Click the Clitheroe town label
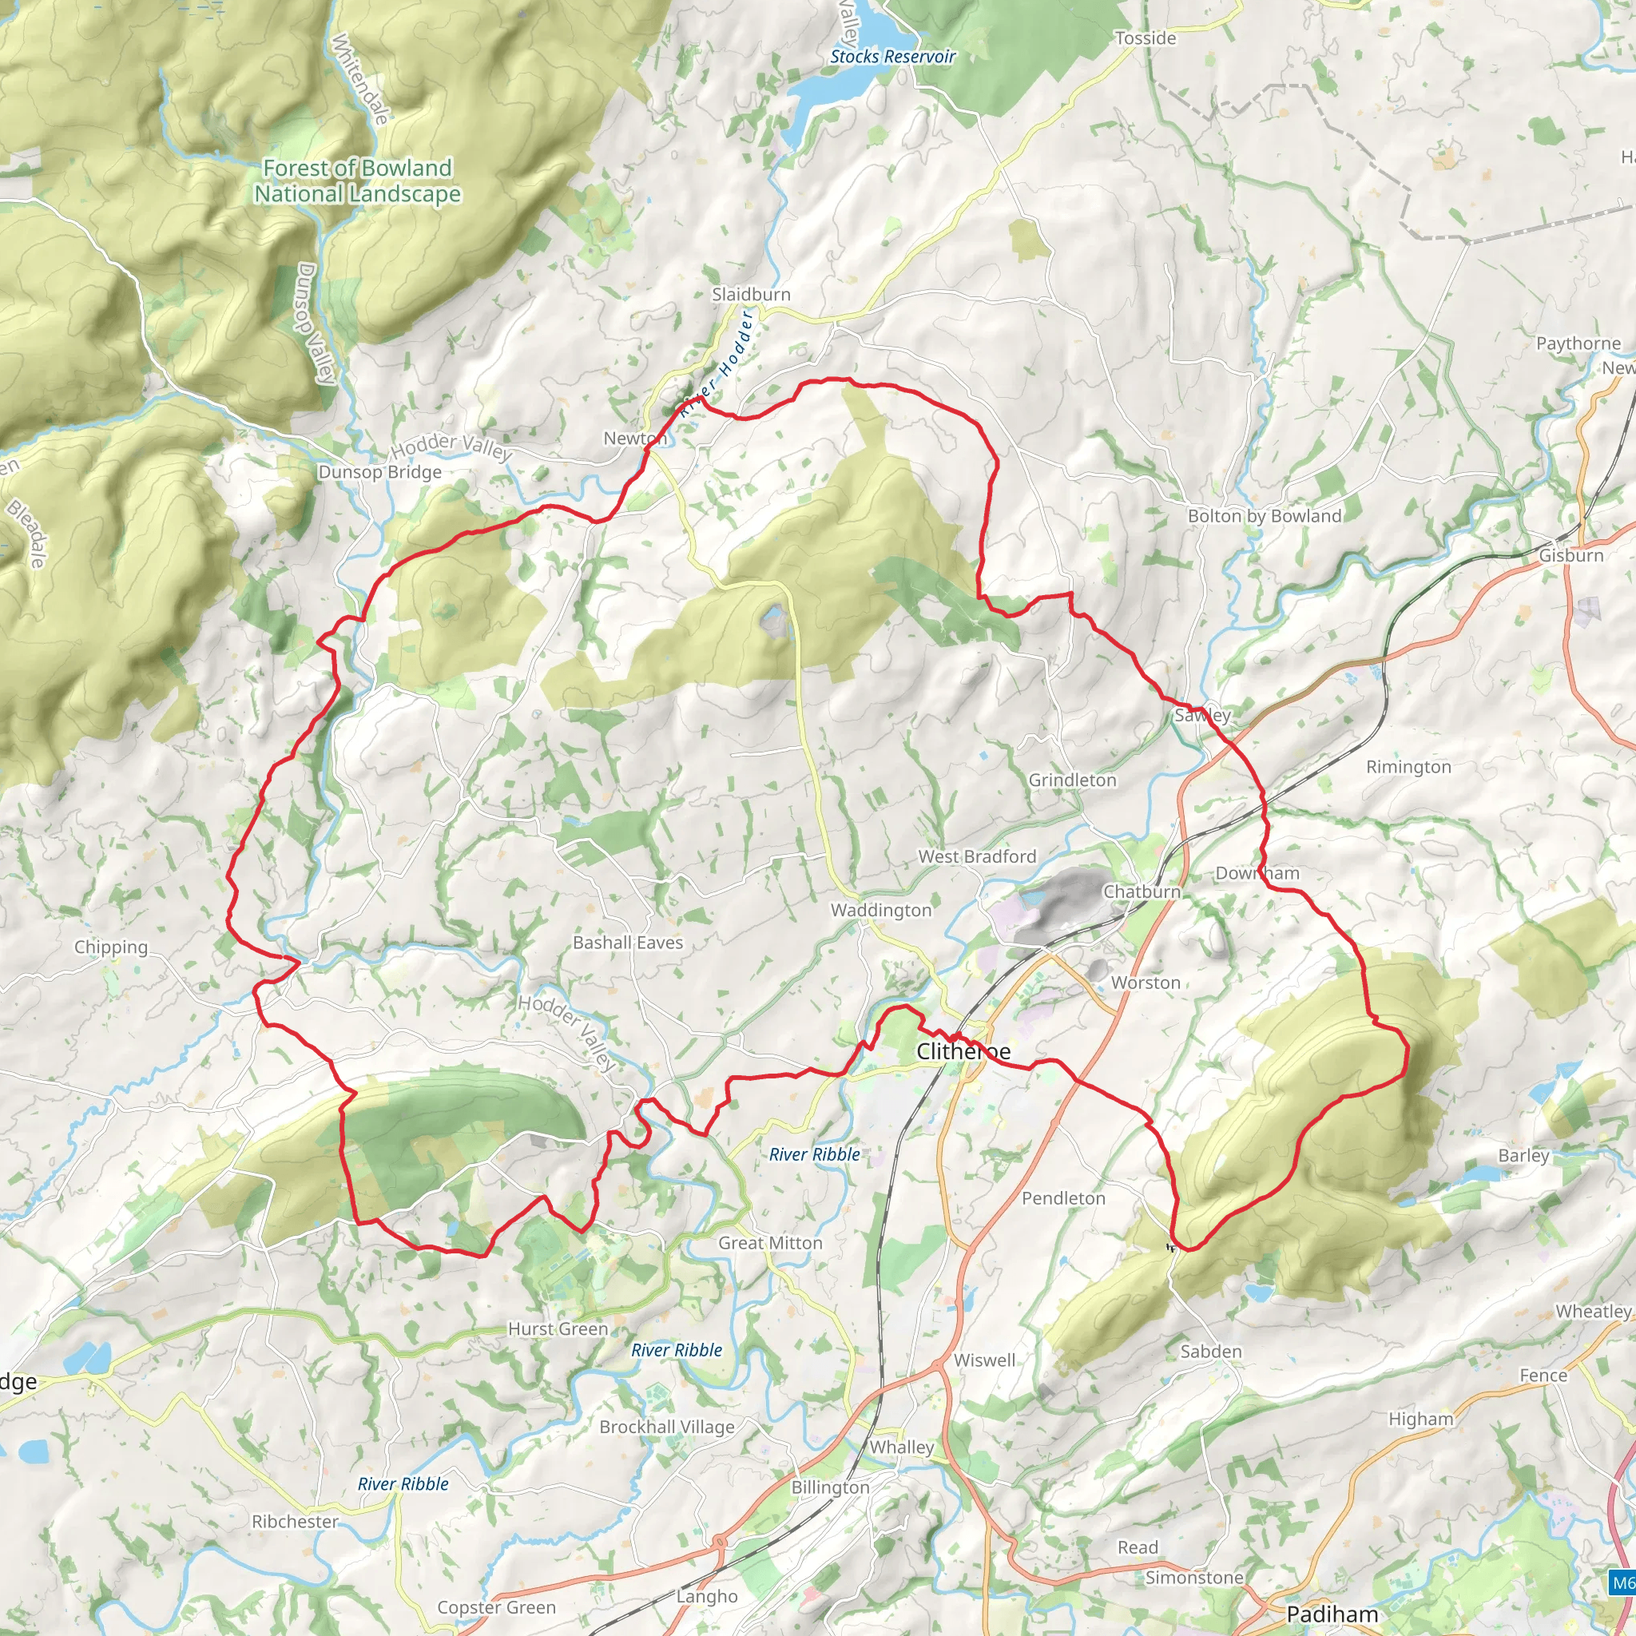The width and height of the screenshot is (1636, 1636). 963,1052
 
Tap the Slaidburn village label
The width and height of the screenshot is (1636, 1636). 751,295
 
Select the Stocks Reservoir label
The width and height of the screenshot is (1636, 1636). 892,57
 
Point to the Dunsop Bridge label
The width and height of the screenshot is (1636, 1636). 380,473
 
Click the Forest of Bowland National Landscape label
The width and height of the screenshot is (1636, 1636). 357,181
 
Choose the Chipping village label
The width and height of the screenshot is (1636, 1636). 111,947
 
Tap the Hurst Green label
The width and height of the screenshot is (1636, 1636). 558,1329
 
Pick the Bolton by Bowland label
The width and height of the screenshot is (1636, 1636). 1265,517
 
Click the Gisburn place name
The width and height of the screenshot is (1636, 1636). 1571,555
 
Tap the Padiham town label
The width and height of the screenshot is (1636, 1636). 1332,1614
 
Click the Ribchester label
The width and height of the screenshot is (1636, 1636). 295,1522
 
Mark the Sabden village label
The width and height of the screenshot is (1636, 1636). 1211,1352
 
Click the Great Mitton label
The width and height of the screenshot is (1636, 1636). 770,1243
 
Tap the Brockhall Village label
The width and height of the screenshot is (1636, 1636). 667,1427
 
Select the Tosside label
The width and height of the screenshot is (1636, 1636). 1146,38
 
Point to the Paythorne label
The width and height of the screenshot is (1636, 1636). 1578,343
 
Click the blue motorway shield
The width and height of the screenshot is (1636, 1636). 1622,1582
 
